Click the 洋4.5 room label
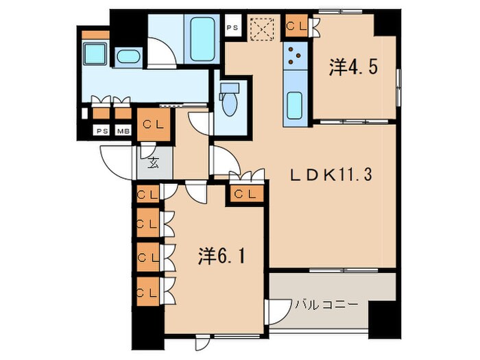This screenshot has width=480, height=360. (x=353, y=67)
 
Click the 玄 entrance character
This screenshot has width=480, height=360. (x=153, y=163)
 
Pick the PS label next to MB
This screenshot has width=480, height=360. (x=101, y=131)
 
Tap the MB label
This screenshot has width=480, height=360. (x=123, y=131)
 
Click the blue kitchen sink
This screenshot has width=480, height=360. (x=296, y=105)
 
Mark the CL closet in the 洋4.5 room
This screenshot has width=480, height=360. (x=298, y=26)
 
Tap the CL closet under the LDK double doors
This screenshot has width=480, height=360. (x=244, y=194)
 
